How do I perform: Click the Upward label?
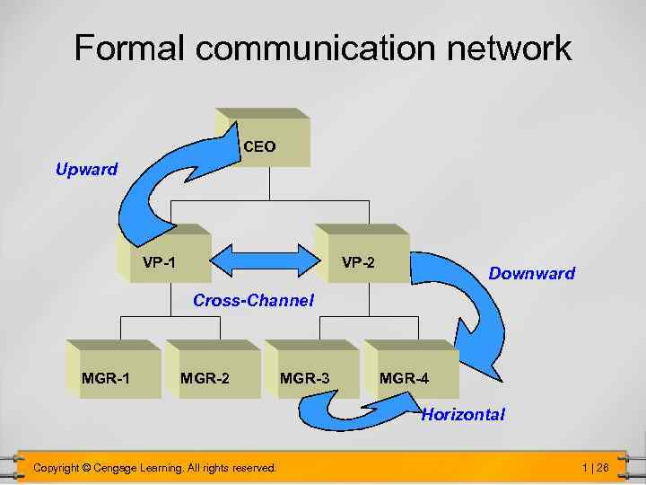86,169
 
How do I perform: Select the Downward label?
531,273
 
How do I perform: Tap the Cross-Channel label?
253,301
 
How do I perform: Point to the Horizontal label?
462,414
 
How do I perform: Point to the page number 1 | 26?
595,468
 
